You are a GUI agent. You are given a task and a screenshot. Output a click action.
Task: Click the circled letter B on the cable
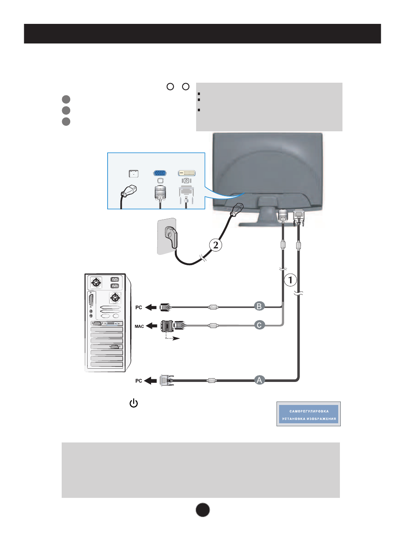[x=260, y=306]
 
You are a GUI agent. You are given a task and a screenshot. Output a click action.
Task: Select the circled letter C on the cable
[x=260, y=325]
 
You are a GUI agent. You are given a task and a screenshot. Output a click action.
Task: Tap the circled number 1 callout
[x=290, y=280]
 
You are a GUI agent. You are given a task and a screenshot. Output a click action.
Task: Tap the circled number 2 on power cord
[x=216, y=245]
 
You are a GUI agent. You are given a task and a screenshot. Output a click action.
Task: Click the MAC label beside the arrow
[x=139, y=327]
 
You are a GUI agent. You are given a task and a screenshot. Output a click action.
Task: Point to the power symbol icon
[x=134, y=403]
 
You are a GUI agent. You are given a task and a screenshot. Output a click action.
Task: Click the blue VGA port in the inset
[x=160, y=173]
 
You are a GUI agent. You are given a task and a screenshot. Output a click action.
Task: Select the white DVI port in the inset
[x=187, y=173]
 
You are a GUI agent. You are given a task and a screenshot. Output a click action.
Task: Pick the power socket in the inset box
[x=134, y=173]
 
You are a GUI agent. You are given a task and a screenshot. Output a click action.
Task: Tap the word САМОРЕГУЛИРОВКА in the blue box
[x=309, y=411]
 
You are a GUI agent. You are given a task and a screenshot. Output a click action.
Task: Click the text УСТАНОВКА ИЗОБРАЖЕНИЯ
[x=309, y=419]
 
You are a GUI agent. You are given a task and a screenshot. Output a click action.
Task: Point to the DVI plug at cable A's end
[x=166, y=380]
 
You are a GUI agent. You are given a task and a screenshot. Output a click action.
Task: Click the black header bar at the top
[x=202, y=34]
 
